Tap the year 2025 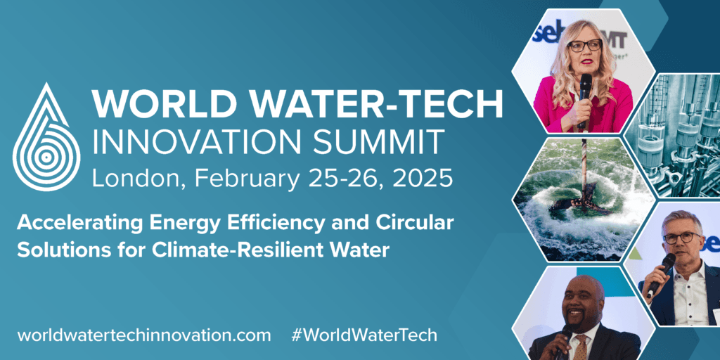click(x=425, y=178)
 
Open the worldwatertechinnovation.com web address click(x=143, y=335)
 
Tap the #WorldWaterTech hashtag click(x=364, y=335)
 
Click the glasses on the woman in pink click(x=584, y=46)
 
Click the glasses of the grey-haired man click(x=682, y=238)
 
